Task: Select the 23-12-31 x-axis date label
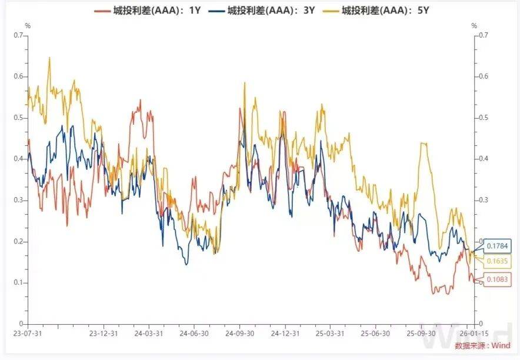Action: [104, 333]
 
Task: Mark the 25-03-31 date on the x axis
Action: [329, 333]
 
